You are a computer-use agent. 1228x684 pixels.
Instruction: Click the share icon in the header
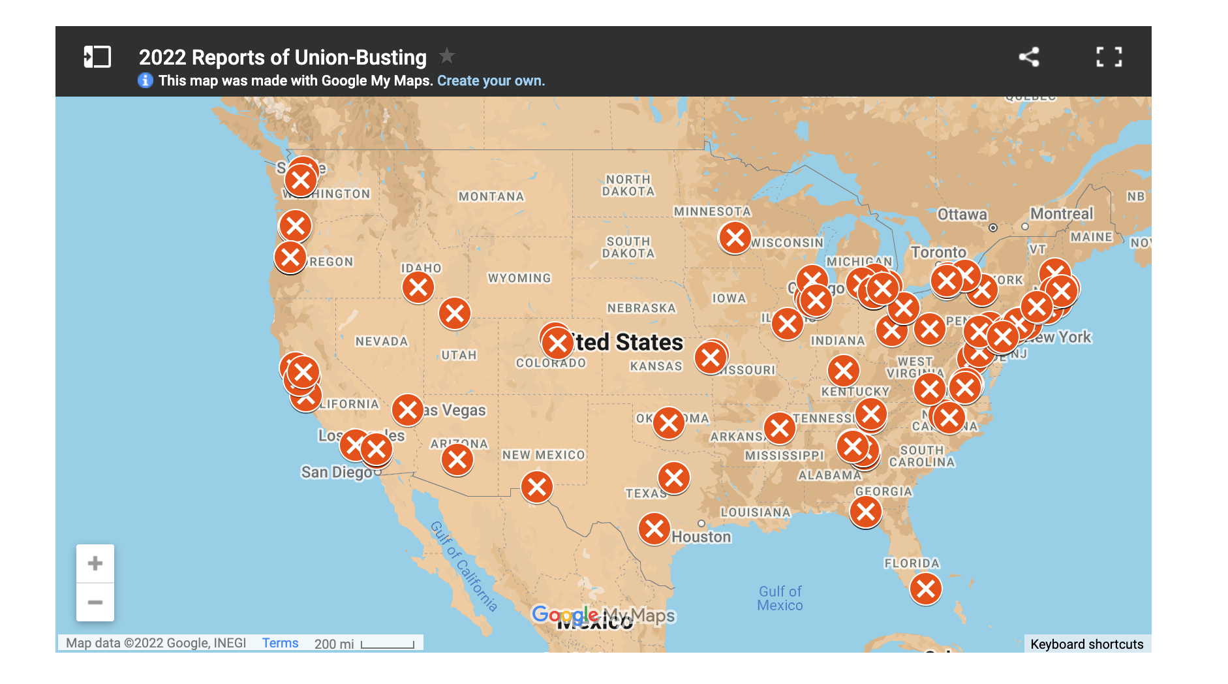click(1029, 57)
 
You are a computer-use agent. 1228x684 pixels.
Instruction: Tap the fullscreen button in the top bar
click(1109, 57)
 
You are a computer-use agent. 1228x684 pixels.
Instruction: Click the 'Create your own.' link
click(491, 81)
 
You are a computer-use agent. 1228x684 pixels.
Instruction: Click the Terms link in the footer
click(280, 643)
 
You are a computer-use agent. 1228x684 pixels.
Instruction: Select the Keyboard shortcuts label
click(1086, 644)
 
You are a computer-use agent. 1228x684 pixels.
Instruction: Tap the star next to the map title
click(447, 56)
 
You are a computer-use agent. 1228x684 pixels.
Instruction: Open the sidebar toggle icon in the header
click(97, 57)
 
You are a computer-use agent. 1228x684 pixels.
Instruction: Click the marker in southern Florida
click(925, 589)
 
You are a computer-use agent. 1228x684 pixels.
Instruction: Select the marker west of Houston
click(654, 529)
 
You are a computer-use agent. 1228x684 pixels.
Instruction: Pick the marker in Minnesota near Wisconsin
click(735, 238)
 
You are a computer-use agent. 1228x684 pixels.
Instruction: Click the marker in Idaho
click(418, 287)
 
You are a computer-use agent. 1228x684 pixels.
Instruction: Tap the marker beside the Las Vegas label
click(408, 410)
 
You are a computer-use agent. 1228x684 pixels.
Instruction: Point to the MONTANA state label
click(491, 196)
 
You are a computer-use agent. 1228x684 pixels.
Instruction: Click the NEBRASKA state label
click(641, 308)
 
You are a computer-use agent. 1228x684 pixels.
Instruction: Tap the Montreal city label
click(1062, 214)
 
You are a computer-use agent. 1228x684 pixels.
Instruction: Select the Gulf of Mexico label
click(780, 598)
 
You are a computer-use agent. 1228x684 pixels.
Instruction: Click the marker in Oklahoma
click(669, 423)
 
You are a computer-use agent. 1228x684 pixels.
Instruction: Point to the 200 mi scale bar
click(388, 644)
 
